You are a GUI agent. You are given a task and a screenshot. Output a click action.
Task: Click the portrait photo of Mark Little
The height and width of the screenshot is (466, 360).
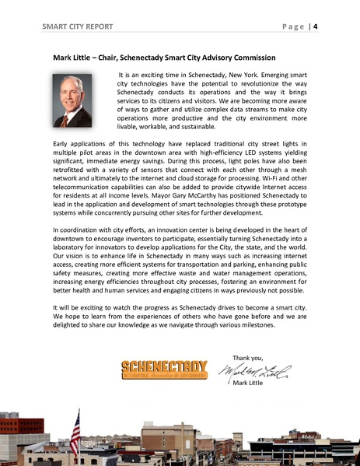(72, 100)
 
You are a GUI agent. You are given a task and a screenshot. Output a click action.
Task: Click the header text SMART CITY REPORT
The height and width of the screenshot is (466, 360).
(77, 26)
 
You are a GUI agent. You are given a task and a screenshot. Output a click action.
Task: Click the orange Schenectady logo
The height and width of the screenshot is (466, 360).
(164, 370)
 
